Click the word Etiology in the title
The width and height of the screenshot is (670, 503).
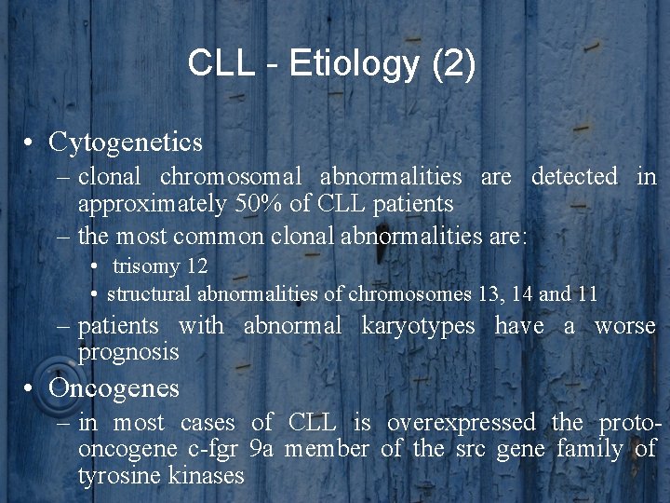pyautogui.click(x=354, y=64)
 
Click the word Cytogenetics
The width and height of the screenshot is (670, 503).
pyautogui.click(x=126, y=143)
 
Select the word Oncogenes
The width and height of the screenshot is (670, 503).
pyautogui.click(x=114, y=387)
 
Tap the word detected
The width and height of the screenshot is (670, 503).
pyautogui.click(x=574, y=176)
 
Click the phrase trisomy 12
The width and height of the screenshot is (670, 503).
pyautogui.click(x=160, y=265)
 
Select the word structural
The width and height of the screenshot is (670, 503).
pyautogui.click(x=147, y=293)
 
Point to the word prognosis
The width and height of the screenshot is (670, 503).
pyautogui.click(x=128, y=352)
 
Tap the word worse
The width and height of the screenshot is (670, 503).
pyautogui.click(x=624, y=326)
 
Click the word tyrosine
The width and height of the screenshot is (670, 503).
pyautogui.click(x=116, y=476)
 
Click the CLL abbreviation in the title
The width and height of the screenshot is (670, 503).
pyautogui.click(x=220, y=64)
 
